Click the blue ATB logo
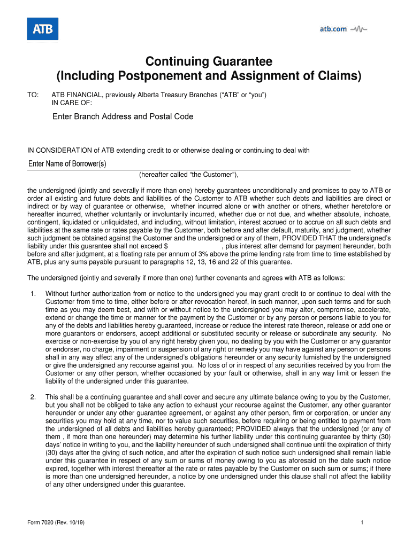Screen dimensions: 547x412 click(x=42, y=29)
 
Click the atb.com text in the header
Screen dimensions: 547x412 click(x=333, y=29)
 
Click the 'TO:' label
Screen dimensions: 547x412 click(x=33, y=95)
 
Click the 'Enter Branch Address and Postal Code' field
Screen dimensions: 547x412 click(x=123, y=116)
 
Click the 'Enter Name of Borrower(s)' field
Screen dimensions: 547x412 click(x=67, y=164)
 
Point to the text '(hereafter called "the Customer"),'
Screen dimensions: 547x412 click(x=188, y=175)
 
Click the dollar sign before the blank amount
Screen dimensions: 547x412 click(x=166, y=246)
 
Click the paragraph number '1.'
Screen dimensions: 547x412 click(x=33, y=294)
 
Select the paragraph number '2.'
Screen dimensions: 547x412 click(x=33, y=397)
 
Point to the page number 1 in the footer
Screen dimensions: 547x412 click(x=362, y=522)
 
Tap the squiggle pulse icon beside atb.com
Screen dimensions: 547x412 click(x=358, y=29)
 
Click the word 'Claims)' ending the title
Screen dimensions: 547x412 click(x=340, y=76)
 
